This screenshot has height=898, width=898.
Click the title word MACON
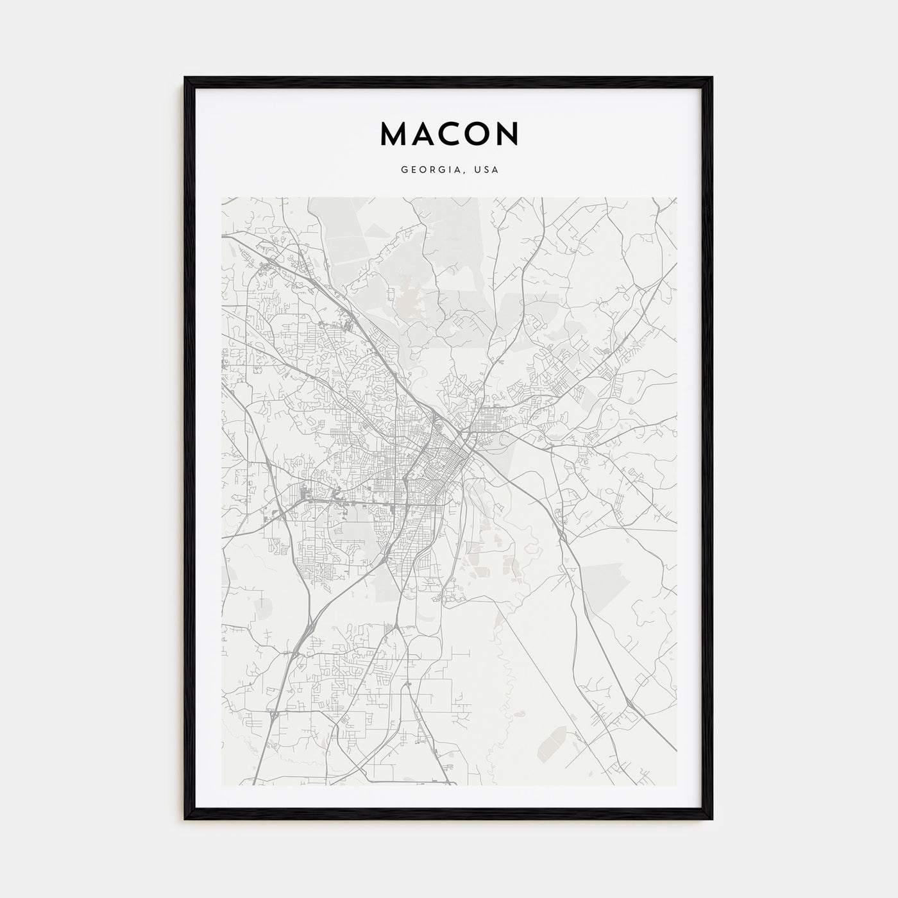pyautogui.click(x=449, y=133)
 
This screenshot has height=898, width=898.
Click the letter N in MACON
pyautogui.click(x=507, y=133)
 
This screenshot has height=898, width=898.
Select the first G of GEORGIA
pyautogui.click(x=404, y=171)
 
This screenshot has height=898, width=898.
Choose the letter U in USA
pyautogui.click(x=478, y=171)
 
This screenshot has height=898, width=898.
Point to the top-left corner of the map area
pyautogui.click(x=222, y=198)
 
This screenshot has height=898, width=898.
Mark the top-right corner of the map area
pyautogui.click(x=676, y=198)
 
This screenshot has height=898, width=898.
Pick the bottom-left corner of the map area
pyautogui.click(x=222, y=785)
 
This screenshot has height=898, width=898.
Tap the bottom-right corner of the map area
pyautogui.click(x=676, y=785)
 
